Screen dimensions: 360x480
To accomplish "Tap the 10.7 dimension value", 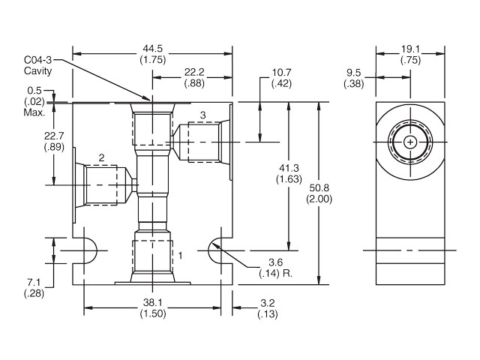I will pos(280,72).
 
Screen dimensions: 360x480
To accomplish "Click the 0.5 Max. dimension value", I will pos(34,92).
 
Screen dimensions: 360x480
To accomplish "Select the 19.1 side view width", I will pos(409,50).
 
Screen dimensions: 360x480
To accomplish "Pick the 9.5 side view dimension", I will pos(355,73).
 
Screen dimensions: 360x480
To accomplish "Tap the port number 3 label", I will pos(202,115).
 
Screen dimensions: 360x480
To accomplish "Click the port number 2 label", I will pos(101,157).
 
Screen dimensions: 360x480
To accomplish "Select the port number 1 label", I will pos(180,256).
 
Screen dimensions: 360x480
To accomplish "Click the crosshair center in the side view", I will pos(409,142).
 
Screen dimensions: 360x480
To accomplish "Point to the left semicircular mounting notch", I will pos(87,250).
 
